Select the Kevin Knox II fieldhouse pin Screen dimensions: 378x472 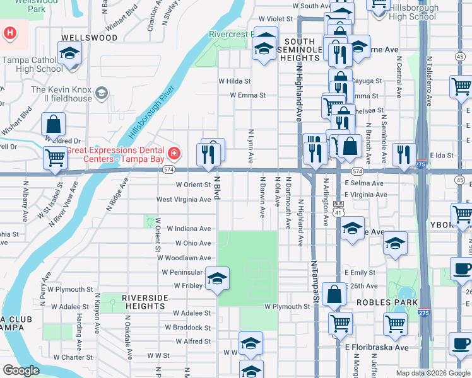coord(101,94)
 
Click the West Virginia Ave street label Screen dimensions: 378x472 coord(184,199)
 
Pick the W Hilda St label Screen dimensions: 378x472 coord(234,81)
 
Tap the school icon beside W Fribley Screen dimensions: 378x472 coord(217,278)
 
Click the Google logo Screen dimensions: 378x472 coord(21,370)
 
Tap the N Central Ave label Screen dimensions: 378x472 coord(399,77)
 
